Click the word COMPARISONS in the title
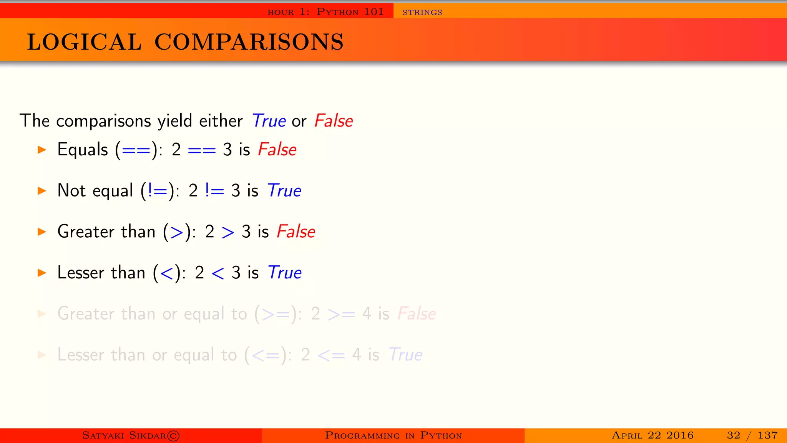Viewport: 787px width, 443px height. (x=249, y=42)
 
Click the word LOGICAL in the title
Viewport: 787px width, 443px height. (x=84, y=42)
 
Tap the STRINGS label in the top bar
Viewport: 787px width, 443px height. (x=422, y=12)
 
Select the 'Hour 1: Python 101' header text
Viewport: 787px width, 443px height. (x=325, y=12)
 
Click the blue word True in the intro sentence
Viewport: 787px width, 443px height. (x=269, y=121)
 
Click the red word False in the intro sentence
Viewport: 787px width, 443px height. (x=333, y=121)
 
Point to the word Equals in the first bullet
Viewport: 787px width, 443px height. (x=83, y=149)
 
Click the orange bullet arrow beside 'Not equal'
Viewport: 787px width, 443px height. (x=42, y=191)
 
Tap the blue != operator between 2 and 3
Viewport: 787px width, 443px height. (x=214, y=191)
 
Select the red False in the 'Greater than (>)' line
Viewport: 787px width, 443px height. (x=296, y=231)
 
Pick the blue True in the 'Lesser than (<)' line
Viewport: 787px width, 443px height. (x=284, y=273)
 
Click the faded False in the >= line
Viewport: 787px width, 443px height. (x=417, y=314)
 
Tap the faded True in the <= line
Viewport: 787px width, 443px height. (x=405, y=355)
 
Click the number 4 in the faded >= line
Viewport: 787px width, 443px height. (x=367, y=314)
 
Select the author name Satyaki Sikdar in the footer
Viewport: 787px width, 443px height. (x=124, y=435)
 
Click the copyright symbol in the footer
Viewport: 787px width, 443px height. (x=174, y=436)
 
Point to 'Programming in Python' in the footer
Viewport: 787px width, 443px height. (x=393, y=435)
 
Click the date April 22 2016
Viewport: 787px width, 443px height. (x=653, y=435)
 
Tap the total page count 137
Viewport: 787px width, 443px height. (x=767, y=435)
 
